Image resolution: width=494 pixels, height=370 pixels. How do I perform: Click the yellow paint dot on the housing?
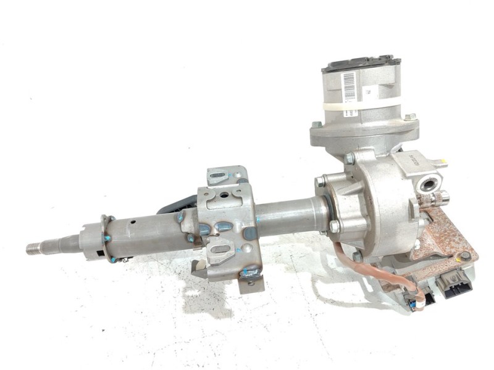pos(444,162)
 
